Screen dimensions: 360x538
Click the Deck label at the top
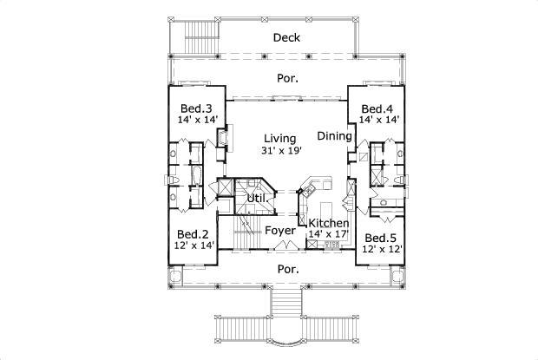[x=286, y=37]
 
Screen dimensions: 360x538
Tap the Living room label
[x=280, y=138]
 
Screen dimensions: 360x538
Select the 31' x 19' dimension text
[x=280, y=151]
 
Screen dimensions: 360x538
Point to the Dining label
[x=334, y=136]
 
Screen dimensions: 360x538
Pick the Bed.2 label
[x=193, y=234]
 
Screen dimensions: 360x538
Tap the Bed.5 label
[x=380, y=238]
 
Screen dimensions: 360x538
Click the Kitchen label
[x=329, y=223]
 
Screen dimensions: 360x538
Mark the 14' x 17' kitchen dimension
[x=329, y=234]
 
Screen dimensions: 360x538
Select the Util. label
[x=256, y=199]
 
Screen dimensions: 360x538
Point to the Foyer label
[x=280, y=231]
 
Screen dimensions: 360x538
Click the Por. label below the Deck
[x=288, y=78]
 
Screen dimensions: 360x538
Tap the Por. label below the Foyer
[x=287, y=269]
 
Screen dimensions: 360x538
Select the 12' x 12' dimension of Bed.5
[x=380, y=249]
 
